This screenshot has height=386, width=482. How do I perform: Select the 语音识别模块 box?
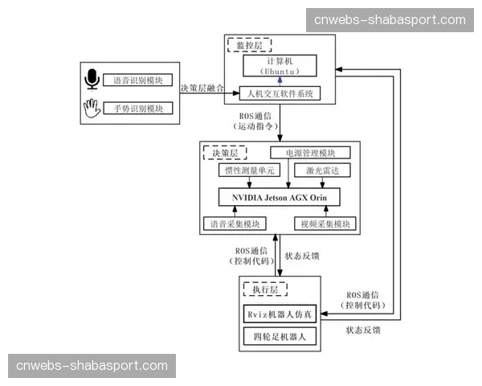point(137,80)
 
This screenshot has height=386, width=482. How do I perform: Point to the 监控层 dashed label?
point(249,45)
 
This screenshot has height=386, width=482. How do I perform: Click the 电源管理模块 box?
point(310,153)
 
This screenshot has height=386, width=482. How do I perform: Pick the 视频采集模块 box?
point(324,224)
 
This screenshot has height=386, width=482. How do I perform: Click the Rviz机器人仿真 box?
point(280,312)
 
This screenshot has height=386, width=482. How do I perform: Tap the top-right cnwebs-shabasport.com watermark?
point(390,20)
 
